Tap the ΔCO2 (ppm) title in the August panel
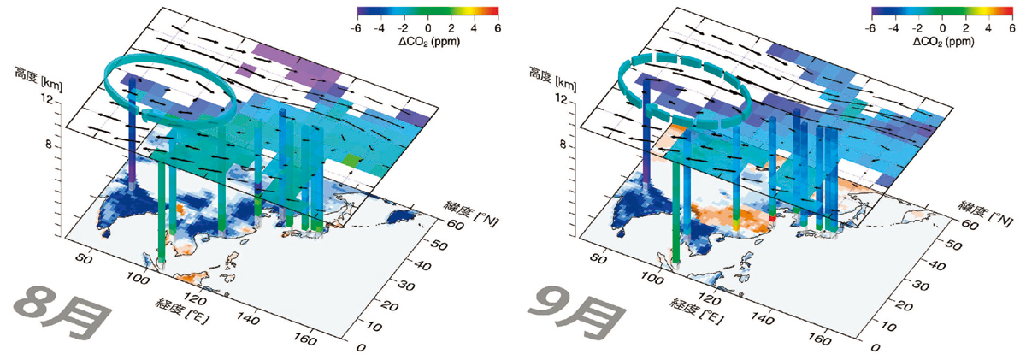(x=429, y=42)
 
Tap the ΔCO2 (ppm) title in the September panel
(x=944, y=42)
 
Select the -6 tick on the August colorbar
(x=356, y=28)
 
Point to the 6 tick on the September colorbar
(x=1011, y=28)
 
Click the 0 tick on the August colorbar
(x=427, y=28)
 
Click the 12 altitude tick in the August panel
(x=47, y=99)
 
